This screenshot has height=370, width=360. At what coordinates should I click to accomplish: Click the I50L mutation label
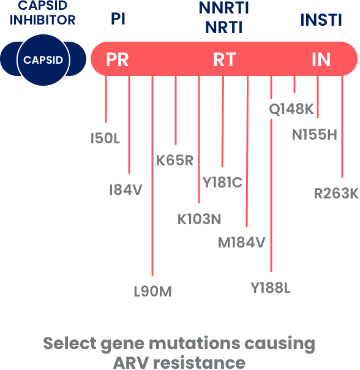[105, 138]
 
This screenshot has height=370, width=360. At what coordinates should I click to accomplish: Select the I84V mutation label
[126, 190]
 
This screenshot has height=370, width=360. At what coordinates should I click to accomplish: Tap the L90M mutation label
[152, 292]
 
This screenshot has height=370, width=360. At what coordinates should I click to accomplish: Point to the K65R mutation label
[174, 160]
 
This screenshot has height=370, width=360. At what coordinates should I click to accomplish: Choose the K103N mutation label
[199, 219]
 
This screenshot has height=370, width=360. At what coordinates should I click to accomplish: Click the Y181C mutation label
[222, 183]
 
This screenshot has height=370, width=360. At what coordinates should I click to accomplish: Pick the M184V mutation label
[242, 243]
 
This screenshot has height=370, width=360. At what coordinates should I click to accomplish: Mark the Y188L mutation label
[271, 288]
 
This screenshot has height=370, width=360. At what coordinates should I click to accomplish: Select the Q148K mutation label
[291, 109]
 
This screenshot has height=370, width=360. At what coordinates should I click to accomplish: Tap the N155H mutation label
[315, 135]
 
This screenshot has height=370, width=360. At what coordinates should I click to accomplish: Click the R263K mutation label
[336, 194]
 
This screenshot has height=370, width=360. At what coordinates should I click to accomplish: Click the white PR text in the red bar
[118, 59]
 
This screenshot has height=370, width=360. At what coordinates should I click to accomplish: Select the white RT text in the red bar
[224, 59]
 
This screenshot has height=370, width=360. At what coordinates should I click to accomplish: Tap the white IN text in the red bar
[321, 59]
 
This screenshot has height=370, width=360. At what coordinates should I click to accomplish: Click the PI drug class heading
[118, 19]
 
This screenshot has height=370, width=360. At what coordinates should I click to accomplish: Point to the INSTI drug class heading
[321, 20]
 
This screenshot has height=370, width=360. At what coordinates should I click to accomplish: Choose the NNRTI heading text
[224, 8]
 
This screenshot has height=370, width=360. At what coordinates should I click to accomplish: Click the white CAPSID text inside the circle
[43, 60]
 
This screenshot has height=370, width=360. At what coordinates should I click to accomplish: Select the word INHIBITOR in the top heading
[43, 20]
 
